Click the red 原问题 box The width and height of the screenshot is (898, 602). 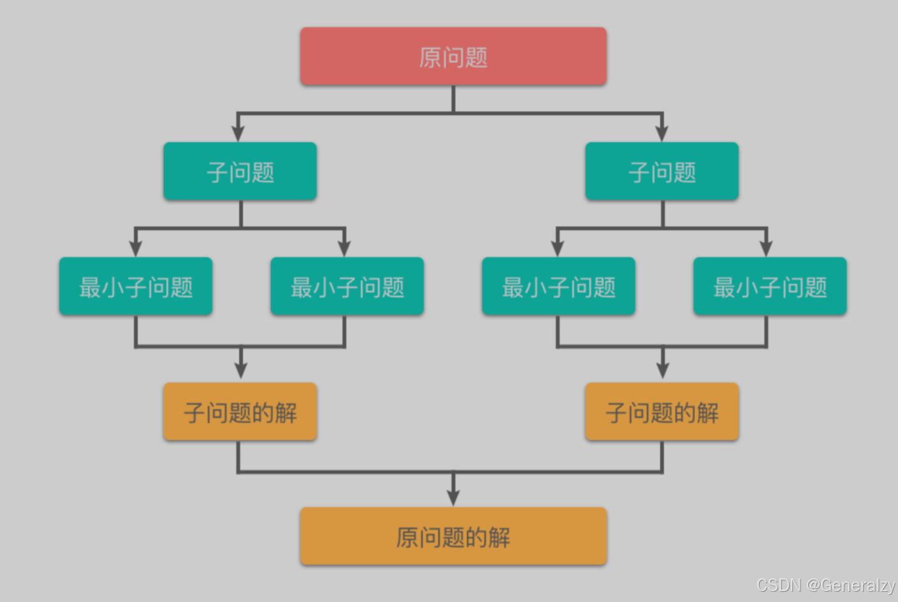point(453,56)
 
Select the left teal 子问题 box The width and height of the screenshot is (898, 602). point(240,171)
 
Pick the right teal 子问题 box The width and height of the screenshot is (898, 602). point(661,171)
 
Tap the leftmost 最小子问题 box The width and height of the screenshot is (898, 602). point(135,286)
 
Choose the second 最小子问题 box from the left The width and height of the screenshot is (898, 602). point(347,286)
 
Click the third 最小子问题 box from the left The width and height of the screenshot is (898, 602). point(558,286)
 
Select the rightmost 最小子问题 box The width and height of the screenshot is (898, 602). point(770,286)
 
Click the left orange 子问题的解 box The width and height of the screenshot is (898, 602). point(240,412)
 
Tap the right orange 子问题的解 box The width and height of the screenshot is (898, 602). point(661,412)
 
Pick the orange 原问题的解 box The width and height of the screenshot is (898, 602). point(453,536)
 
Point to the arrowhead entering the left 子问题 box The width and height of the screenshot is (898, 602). point(238,133)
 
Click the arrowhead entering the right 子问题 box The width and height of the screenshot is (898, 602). point(662,133)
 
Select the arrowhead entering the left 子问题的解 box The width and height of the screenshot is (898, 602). point(240,370)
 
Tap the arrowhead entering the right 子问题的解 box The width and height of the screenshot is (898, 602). point(663,370)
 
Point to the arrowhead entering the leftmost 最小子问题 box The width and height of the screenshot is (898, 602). point(135,248)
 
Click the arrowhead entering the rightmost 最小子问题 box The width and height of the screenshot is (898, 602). point(766,248)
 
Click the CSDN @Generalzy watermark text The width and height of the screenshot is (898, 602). point(825,585)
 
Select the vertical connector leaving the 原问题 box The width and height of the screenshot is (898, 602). point(453,99)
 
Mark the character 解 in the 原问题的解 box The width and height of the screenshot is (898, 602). point(499,538)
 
